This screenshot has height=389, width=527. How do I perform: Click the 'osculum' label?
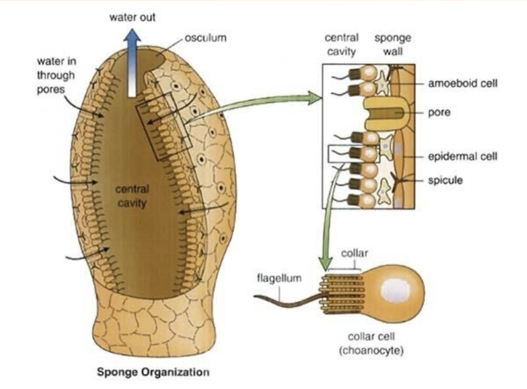coord(205,38)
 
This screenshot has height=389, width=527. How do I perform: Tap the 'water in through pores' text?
coord(56,75)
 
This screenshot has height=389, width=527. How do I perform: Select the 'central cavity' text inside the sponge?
coord(132,196)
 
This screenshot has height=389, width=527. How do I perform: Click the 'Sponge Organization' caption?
coord(153,372)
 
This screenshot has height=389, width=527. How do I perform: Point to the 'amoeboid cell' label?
coord(463,84)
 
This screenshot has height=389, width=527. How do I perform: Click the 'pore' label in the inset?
coord(439,112)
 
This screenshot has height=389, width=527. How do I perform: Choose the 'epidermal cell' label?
coord(463,156)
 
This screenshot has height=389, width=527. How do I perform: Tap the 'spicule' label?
coord(445,180)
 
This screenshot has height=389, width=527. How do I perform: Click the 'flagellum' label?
coord(279,278)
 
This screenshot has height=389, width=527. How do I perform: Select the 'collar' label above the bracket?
coord(354,253)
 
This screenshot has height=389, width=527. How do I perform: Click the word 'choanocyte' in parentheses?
coord(371,350)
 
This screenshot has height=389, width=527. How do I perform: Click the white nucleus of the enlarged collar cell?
coord(396,290)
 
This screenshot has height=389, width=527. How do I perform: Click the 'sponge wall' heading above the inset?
coord(393,45)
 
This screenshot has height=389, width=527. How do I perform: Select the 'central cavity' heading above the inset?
coord(341,45)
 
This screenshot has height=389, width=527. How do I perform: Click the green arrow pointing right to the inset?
coord(254,104)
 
